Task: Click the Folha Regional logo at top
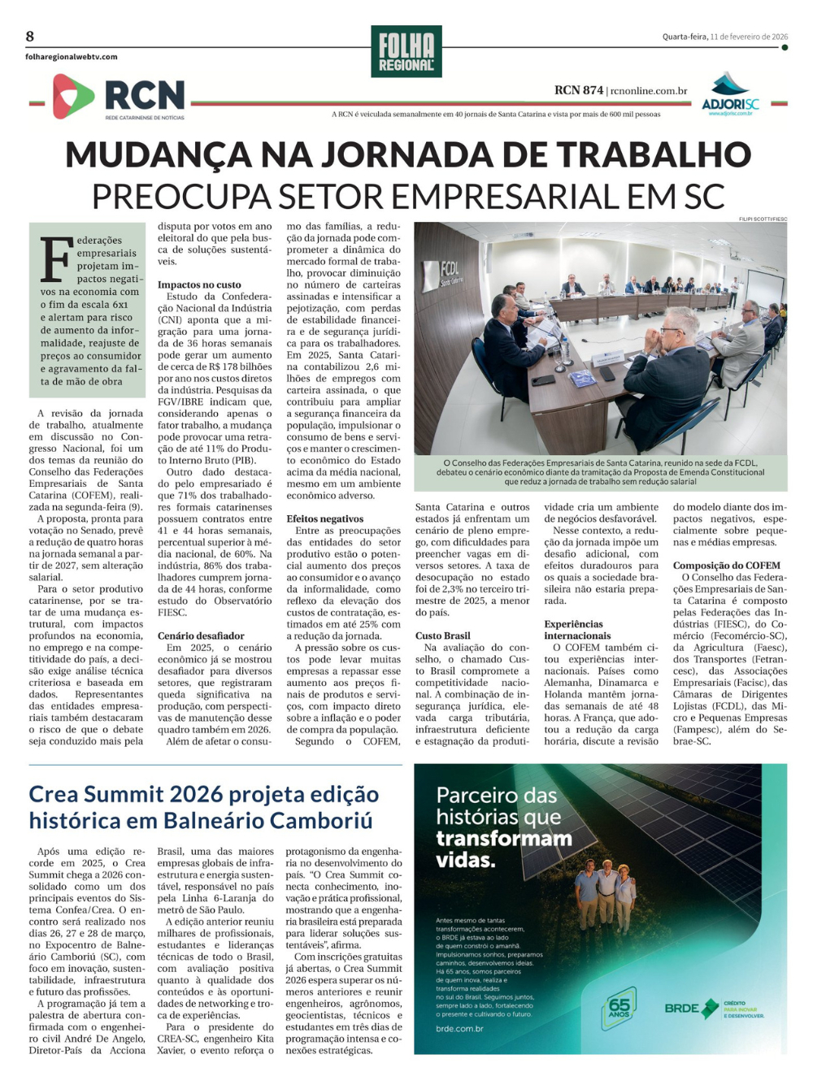pyautogui.click(x=406, y=52)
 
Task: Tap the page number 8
pyautogui.click(x=30, y=36)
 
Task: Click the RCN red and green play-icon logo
pyautogui.click(x=73, y=96)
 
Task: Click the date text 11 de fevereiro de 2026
pyautogui.click(x=749, y=37)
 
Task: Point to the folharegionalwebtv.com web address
pyautogui.click(x=72, y=57)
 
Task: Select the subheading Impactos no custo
pyautogui.click(x=199, y=284)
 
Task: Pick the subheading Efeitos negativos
pyautogui.click(x=324, y=519)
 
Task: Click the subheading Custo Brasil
pyautogui.click(x=442, y=636)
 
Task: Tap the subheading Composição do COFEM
pyautogui.click(x=726, y=566)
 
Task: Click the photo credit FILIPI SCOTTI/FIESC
pyautogui.click(x=763, y=219)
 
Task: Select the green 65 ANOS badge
pyautogui.click(x=620, y=1008)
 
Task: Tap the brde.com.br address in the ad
pyautogui.click(x=459, y=1029)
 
